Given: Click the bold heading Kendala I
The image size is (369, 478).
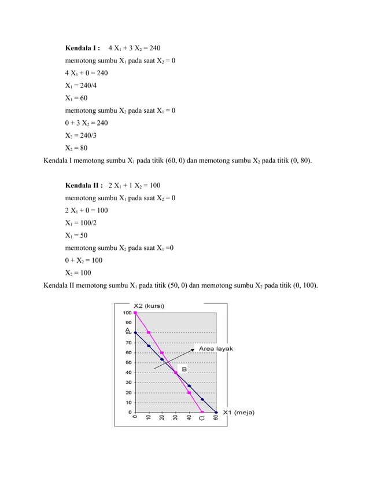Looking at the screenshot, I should click(x=83, y=47).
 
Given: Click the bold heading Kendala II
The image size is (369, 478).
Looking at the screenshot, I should click(x=84, y=185).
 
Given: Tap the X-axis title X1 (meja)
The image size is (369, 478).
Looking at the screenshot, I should click(x=238, y=413).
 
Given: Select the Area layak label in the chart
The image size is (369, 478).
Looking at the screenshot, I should click(x=216, y=349).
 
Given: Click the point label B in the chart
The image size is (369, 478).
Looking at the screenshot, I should click(x=184, y=369).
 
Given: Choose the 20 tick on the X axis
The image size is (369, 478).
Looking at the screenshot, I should click(x=162, y=420).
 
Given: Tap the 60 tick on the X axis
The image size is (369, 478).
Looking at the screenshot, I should click(x=216, y=420).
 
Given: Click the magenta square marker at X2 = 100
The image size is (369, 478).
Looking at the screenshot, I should click(x=135, y=313).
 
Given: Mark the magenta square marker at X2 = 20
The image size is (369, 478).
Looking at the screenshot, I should click(x=189, y=392).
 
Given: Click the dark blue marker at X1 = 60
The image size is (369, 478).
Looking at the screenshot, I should click(x=216, y=412).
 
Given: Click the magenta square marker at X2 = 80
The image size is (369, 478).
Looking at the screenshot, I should click(x=149, y=333).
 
